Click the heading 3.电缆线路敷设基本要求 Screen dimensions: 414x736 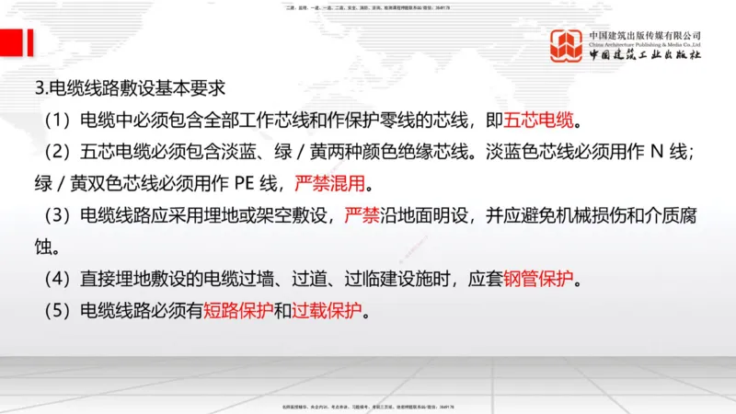(129, 89)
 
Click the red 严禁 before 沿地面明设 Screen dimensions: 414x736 (362, 214)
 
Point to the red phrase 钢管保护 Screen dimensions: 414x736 (538, 278)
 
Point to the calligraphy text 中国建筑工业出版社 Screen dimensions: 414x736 (645, 55)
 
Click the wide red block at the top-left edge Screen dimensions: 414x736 (9, 41)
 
